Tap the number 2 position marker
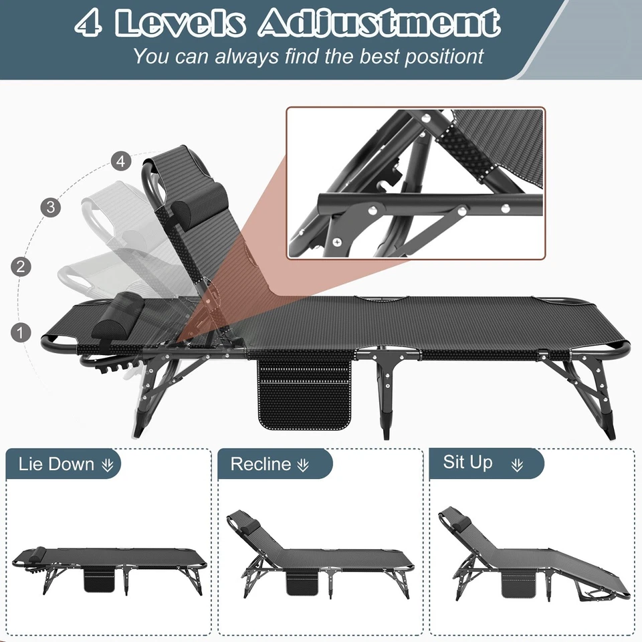21,267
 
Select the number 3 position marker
51,207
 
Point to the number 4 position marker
120,161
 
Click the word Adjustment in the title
379,23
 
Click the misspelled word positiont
438,56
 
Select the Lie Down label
56,464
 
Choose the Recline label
261,464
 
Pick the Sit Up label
468,463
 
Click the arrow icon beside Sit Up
517,465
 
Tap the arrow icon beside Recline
304,465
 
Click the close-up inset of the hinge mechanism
416,183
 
